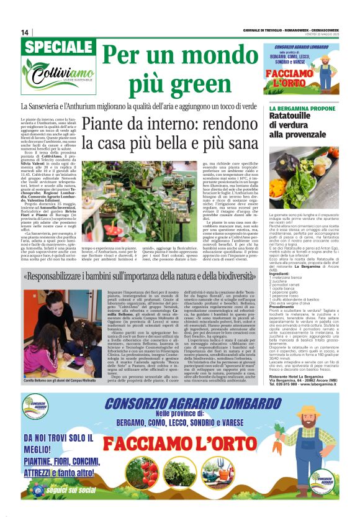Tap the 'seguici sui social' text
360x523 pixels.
pos(69,489)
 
